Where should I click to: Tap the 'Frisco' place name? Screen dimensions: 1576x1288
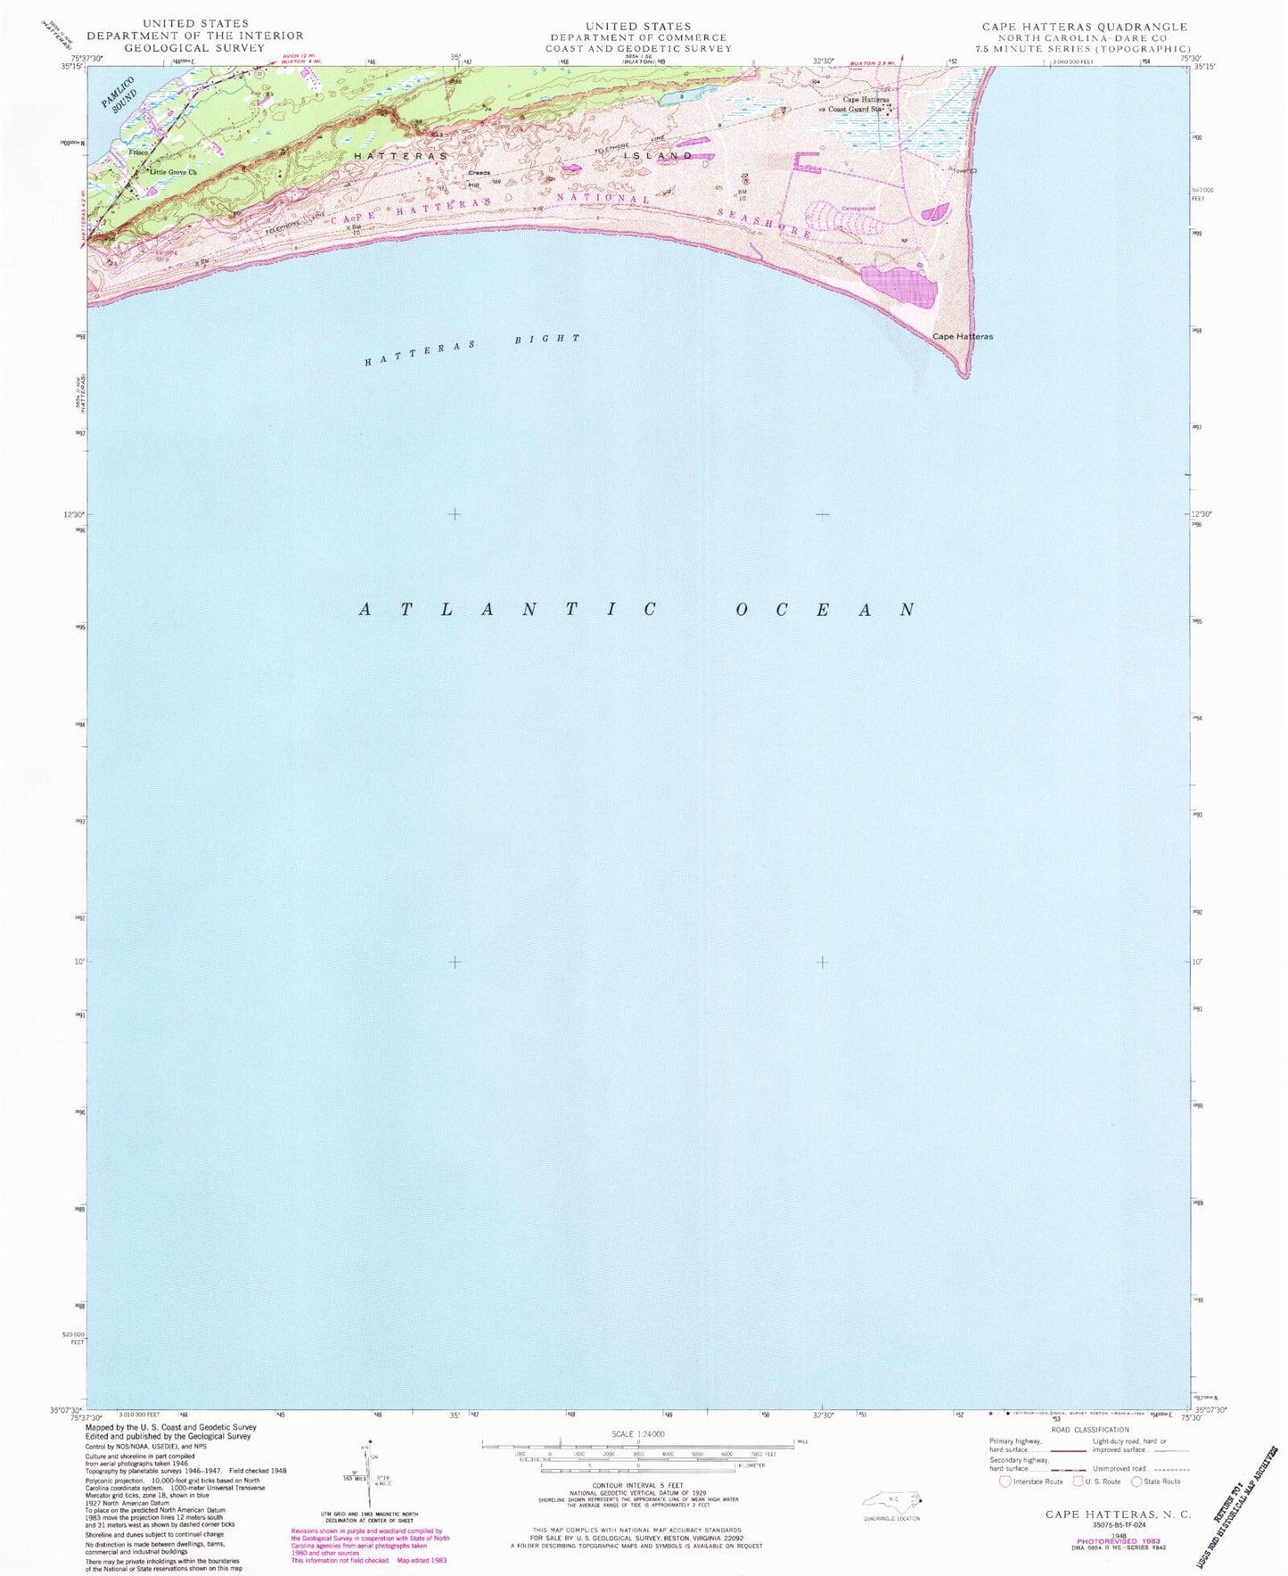click(137, 152)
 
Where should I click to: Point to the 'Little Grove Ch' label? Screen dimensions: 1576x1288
click(173, 171)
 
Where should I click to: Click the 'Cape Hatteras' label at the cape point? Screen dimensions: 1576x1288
click(962, 337)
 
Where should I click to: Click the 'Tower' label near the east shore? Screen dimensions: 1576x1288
click(962, 170)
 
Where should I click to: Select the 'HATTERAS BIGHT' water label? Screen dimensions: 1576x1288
click(472, 349)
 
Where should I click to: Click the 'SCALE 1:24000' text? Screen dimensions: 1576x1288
click(636, 1434)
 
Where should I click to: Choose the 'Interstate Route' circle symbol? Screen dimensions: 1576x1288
click(1005, 1482)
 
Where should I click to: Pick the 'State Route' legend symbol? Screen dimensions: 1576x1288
click(1136, 1482)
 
